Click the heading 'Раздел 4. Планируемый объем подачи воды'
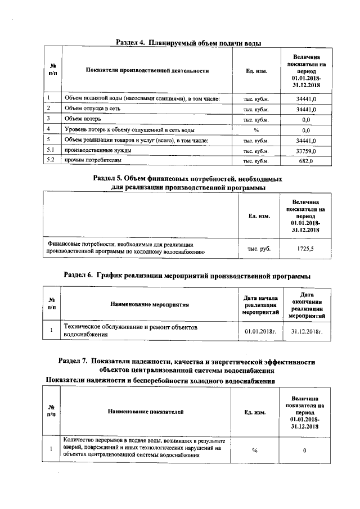pos(188,43)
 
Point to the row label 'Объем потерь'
pos(82,119)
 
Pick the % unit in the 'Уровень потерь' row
pos(255,130)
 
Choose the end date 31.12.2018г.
pos(307,331)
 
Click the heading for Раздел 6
pos(187,276)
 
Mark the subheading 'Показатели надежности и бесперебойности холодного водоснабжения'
pos(160,381)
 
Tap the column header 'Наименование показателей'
pos(146,412)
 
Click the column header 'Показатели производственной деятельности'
pos(147,71)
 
